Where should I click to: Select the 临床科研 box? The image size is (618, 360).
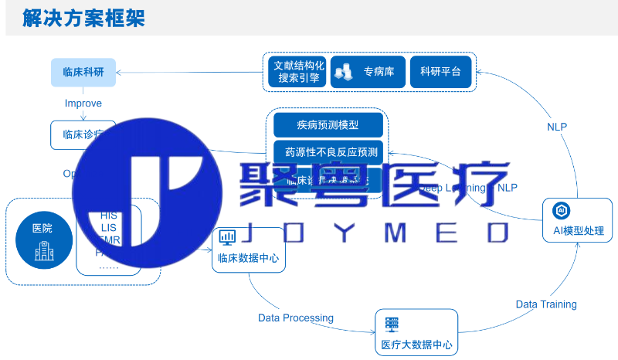click(83, 73)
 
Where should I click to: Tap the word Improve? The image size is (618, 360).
click(83, 104)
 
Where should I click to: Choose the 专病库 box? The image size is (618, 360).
click(366, 72)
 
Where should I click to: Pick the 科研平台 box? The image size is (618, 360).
click(440, 72)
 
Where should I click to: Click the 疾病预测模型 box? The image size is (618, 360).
click(328, 125)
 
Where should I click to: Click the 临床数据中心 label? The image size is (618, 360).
click(249, 259)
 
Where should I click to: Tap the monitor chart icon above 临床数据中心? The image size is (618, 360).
click(228, 236)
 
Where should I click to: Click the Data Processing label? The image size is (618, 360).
click(295, 318)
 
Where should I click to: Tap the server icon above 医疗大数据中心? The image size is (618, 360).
click(392, 324)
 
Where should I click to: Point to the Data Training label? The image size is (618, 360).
click(546, 304)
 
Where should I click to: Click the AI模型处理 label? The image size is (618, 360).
click(579, 230)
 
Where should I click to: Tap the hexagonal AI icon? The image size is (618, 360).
click(562, 210)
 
